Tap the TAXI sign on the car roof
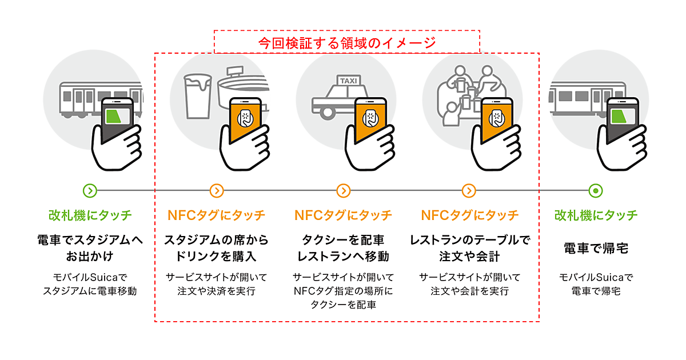[348, 81]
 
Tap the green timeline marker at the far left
[90, 191]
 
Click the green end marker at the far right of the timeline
[596, 191]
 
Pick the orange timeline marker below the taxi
[343, 191]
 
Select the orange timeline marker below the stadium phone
[217, 191]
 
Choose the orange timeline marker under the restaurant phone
[469, 191]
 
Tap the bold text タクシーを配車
[343, 240]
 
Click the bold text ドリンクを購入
[217, 255]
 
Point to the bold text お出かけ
[90, 255]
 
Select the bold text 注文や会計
[469, 255]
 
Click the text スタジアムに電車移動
[90, 291]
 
